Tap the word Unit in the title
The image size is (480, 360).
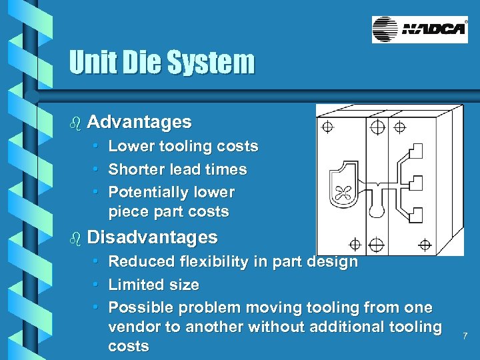(x=93, y=63)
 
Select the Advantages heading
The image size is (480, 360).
(x=139, y=122)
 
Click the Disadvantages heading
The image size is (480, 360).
(x=153, y=237)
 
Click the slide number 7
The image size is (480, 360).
(x=465, y=336)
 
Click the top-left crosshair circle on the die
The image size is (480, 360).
(x=328, y=126)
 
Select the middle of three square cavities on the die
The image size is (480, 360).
(x=415, y=182)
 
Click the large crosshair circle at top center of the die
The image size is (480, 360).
(x=377, y=126)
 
